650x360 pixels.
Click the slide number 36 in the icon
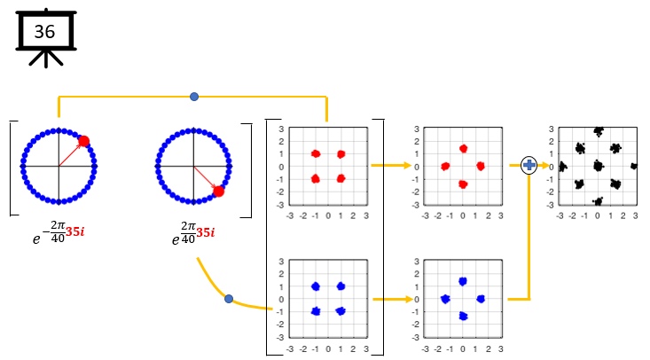(44, 32)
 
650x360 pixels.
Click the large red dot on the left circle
(83, 141)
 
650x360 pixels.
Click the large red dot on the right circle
(218, 191)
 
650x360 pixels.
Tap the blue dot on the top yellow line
(194, 96)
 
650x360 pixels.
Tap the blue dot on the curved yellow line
(229, 299)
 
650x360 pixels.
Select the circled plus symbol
(529, 165)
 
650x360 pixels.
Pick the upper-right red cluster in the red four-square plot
(341, 154)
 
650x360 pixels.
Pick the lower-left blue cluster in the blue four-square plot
(315, 311)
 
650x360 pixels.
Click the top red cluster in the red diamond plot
(463, 149)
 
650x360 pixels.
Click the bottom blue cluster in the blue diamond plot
(463, 316)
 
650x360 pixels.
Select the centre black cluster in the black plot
(598, 166)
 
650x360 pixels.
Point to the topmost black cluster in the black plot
(598, 132)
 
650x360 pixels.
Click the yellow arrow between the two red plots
(391, 165)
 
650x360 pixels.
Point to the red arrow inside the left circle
(71, 153)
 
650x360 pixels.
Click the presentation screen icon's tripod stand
(44, 59)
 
